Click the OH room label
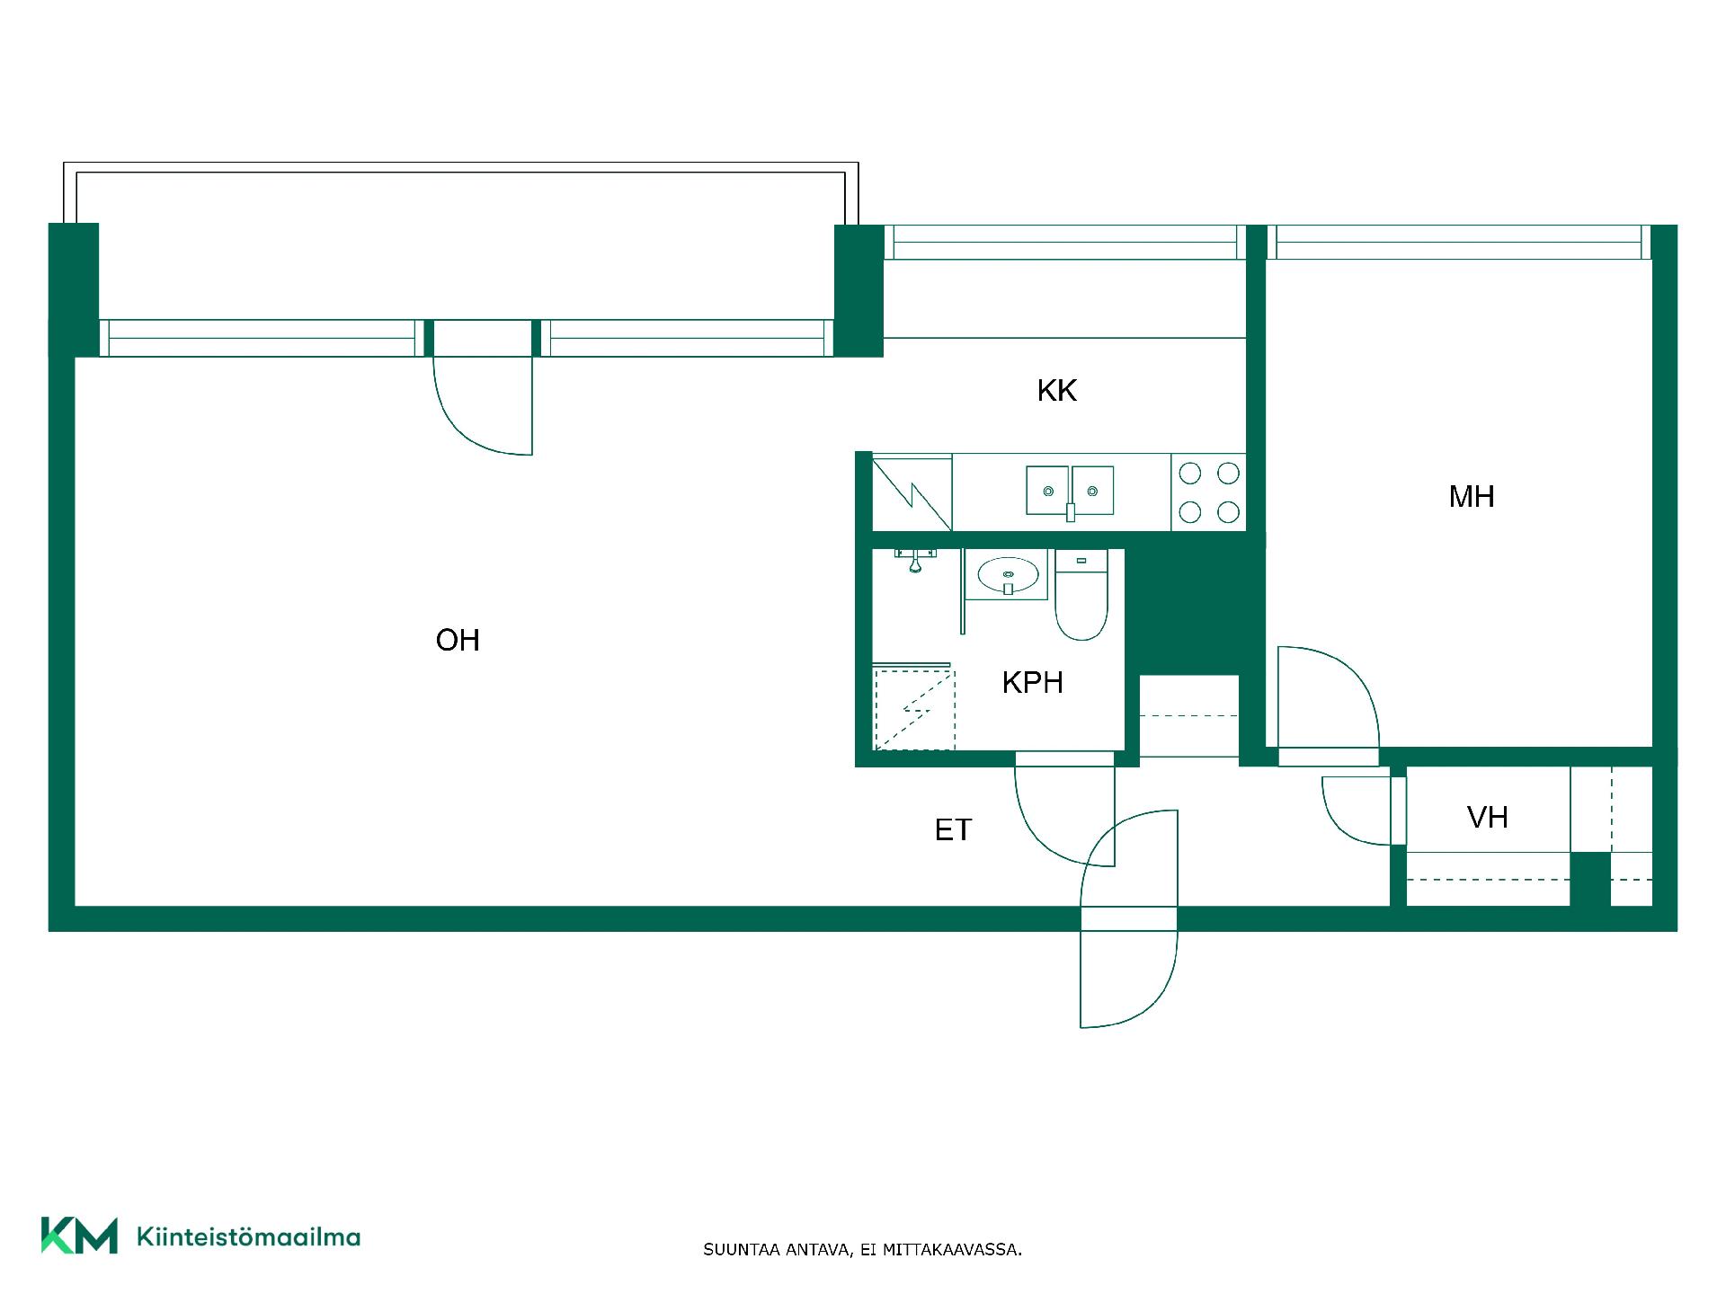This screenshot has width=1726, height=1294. click(458, 640)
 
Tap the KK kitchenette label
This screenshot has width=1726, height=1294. click(1056, 391)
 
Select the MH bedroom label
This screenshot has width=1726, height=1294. click(1472, 496)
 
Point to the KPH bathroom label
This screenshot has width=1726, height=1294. click(1033, 683)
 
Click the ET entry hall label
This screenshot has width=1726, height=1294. click(953, 829)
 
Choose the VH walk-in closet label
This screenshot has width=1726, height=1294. click(1488, 817)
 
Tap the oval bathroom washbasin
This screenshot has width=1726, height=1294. click(1008, 575)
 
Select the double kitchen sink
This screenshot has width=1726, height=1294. click(1070, 492)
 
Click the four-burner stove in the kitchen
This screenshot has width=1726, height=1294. click(1209, 492)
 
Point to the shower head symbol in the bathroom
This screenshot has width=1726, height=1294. click(915, 559)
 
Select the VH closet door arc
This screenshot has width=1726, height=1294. click(1339, 822)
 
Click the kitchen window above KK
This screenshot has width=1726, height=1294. click(1065, 243)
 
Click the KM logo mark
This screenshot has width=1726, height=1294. click(79, 1236)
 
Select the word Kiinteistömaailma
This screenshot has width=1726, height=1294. click(248, 1237)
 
